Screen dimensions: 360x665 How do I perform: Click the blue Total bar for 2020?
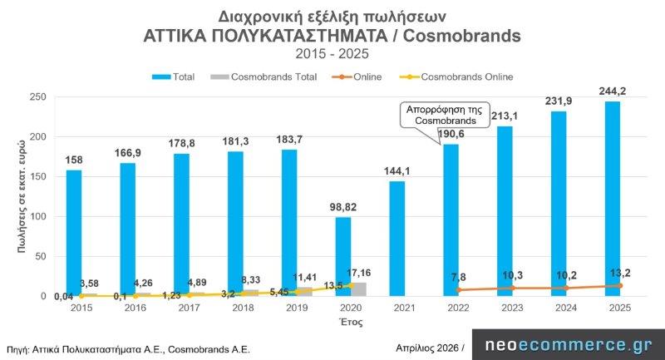tap(343, 256)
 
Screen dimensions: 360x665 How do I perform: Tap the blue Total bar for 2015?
tap(74, 233)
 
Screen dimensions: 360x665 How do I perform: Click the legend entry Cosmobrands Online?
tap(467, 76)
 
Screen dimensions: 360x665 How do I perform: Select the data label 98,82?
tap(344, 205)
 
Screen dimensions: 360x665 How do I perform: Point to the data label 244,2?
tap(613, 90)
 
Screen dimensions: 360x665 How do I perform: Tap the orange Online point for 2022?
tap(459, 290)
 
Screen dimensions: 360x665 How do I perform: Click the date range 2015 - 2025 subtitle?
tap(332, 54)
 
